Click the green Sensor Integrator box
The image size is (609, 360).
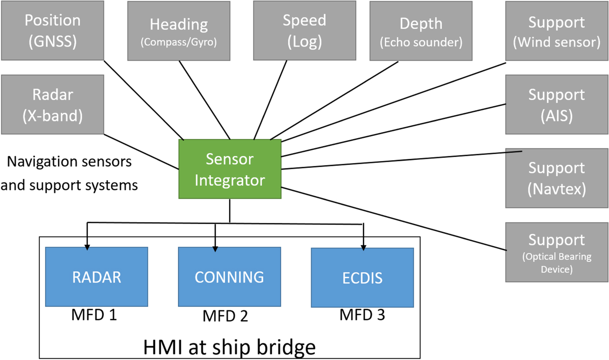coord(230,169)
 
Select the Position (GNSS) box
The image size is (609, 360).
coord(52,30)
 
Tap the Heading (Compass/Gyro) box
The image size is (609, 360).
coord(178,30)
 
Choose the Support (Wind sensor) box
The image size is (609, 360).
coord(557,30)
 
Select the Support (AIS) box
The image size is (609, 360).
coord(557,104)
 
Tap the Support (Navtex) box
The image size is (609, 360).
coord(557,178)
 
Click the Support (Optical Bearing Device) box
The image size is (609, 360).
coord(557,252)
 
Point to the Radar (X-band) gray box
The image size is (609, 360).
coord(52,104)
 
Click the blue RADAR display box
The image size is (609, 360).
coord(97,277)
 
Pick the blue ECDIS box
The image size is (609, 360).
coord(362,278)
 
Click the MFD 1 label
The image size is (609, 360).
coord(94,314)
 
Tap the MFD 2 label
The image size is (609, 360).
coord(225,316)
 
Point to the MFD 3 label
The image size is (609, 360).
coord(362,315)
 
